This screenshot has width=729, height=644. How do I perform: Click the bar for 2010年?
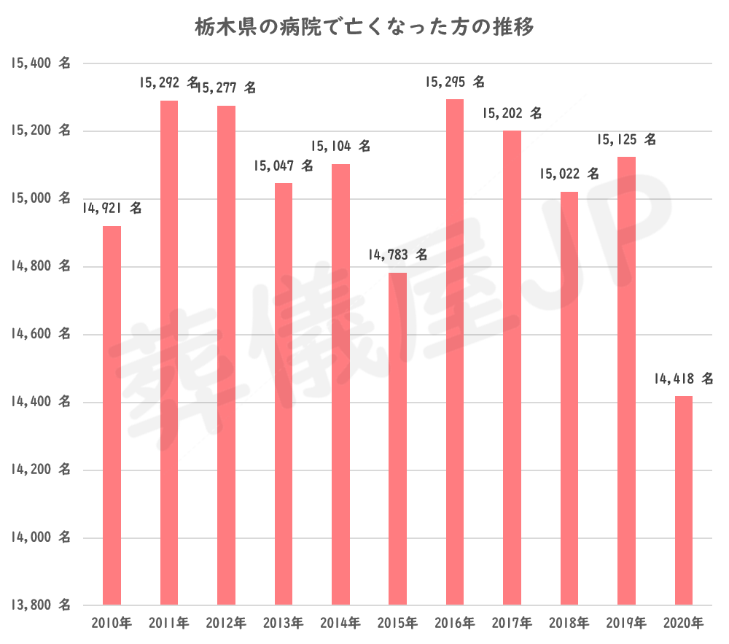coord(112,416)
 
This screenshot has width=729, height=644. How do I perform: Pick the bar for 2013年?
coord(284,394)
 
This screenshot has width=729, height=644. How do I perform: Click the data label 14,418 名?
coord(683,379)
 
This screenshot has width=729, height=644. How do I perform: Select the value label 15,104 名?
coord(340,146)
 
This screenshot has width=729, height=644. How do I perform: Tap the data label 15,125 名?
coord(625,139)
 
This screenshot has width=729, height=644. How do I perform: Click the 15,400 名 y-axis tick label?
coord(41,63)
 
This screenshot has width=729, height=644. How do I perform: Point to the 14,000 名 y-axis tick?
coord(41,538)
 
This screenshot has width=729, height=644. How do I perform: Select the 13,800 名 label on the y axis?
coord(41,605)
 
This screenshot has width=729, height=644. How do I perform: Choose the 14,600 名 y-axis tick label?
coord(41,334)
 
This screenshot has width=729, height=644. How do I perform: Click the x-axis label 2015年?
coord(397,624)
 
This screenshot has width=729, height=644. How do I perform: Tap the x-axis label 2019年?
coord(625,624)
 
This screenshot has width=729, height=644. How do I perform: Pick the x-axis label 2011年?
coord(168,624)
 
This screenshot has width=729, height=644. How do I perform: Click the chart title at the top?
coord(364,28)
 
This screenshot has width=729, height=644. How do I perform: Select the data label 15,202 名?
coord(512,114)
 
